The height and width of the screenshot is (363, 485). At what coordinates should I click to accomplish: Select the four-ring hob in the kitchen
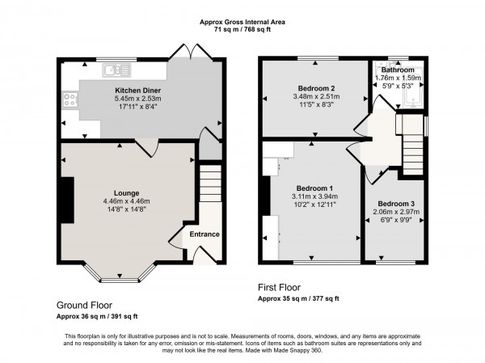click(x=70, y=100)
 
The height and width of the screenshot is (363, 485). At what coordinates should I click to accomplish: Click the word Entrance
click(x=204, y=234)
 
